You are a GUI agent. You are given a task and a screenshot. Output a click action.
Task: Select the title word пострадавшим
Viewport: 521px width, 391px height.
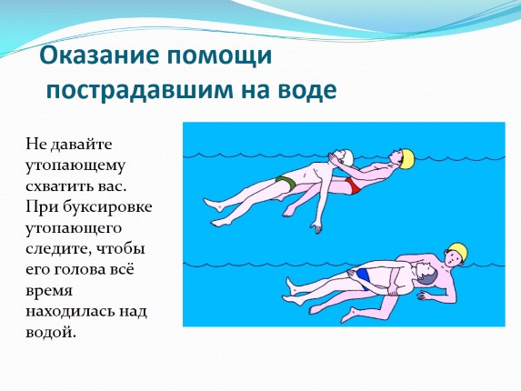139,90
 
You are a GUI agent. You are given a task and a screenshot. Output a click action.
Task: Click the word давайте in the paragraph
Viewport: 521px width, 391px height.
81,145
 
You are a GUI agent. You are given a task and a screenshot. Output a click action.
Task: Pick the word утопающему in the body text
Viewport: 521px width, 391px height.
75,166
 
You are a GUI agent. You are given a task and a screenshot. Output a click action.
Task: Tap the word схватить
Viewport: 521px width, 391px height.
58,187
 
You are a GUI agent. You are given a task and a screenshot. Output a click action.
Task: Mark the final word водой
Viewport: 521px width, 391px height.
51,332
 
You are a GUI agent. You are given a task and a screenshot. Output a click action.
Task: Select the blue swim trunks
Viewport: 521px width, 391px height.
364,278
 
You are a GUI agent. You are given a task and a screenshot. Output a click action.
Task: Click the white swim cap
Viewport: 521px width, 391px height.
347,156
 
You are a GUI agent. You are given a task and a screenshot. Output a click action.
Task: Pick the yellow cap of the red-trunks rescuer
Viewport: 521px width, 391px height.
407,158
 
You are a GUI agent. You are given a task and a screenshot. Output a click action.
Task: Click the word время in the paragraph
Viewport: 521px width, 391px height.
49,291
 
